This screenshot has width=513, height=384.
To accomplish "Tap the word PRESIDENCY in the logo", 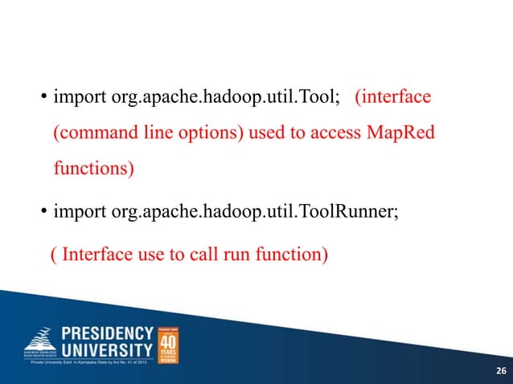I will point(108,334).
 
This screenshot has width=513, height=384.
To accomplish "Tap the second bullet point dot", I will point(44,214).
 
